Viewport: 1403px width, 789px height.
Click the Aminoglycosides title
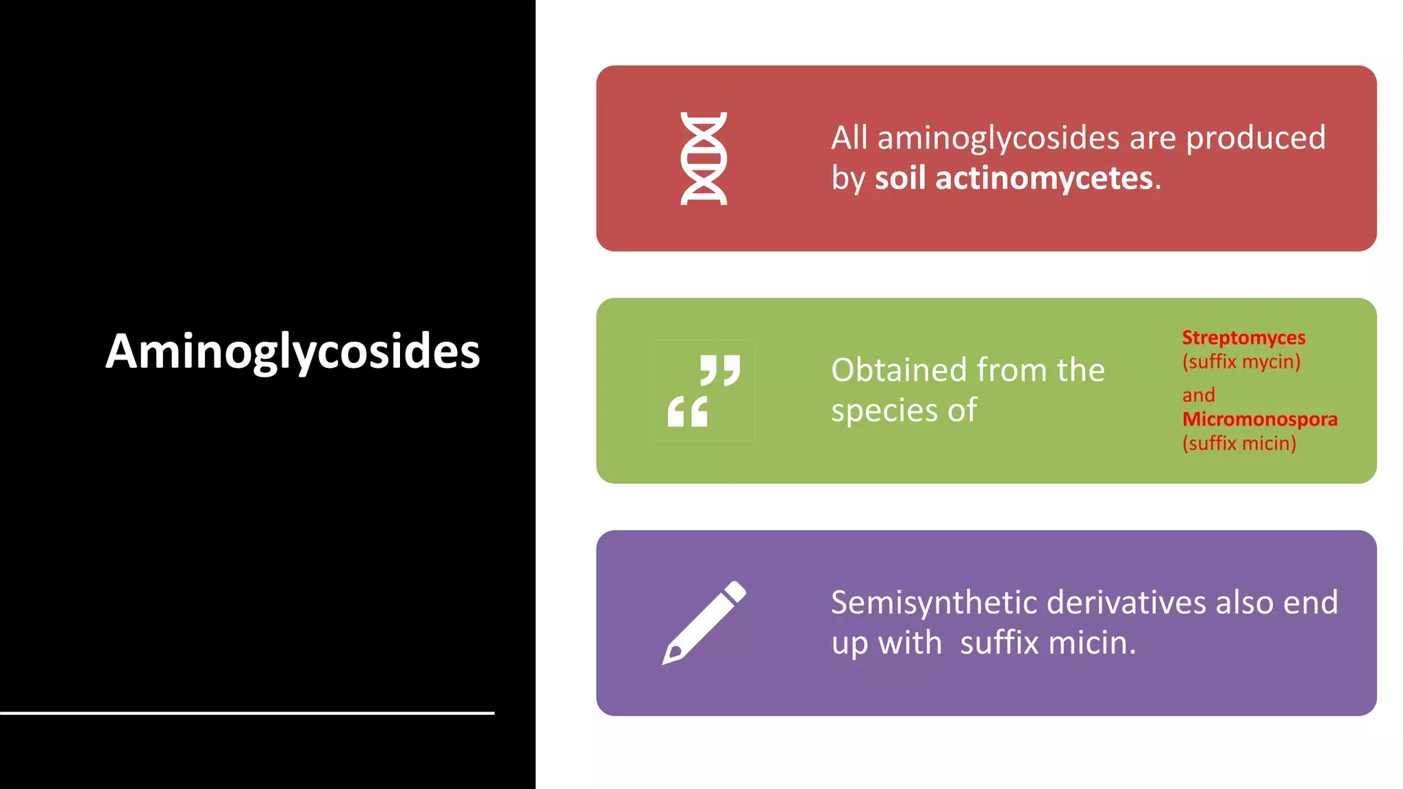293,351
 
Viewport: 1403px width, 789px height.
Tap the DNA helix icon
704,158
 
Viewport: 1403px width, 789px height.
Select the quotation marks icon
704,391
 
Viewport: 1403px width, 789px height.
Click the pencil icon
704,623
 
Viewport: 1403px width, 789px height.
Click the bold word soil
900,178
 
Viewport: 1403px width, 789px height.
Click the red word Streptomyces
1243,338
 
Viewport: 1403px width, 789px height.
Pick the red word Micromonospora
1259,419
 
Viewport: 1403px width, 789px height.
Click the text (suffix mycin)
1241,362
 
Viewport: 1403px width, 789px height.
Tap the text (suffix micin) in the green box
1239,443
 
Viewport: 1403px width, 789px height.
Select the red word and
1198,395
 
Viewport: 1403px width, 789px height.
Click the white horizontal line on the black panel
247,713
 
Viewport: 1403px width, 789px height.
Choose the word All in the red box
849,138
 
